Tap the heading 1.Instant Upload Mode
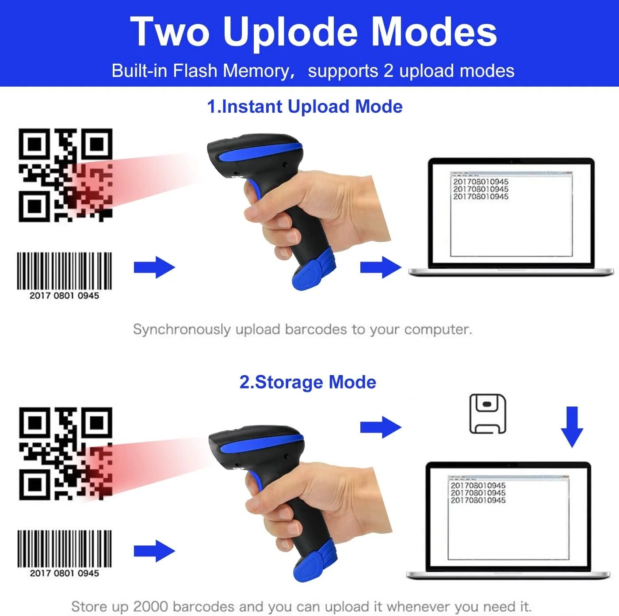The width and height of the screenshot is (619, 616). (305, 106)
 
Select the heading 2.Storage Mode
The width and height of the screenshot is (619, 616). (308, 382)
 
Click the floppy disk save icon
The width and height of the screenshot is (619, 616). (488, 414)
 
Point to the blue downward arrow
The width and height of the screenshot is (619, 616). (572, 427)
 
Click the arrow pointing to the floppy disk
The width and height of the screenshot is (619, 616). (381, 427)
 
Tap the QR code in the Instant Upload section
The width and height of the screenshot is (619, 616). (65, 175)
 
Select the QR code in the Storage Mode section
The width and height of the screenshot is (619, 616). (65, 453)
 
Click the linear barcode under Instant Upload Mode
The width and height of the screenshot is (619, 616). (64, 271)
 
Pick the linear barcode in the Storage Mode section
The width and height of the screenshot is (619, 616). (65, 549)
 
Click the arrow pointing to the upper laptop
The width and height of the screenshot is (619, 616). (381, 267)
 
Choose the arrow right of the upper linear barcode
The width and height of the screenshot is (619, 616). (154, 267)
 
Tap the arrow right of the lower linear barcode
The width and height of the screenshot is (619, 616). (154, 551)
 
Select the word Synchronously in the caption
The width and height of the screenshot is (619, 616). (182, 330)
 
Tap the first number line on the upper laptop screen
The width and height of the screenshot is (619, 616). (481, 182)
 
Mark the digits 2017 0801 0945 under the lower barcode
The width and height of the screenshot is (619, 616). (65, 573)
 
